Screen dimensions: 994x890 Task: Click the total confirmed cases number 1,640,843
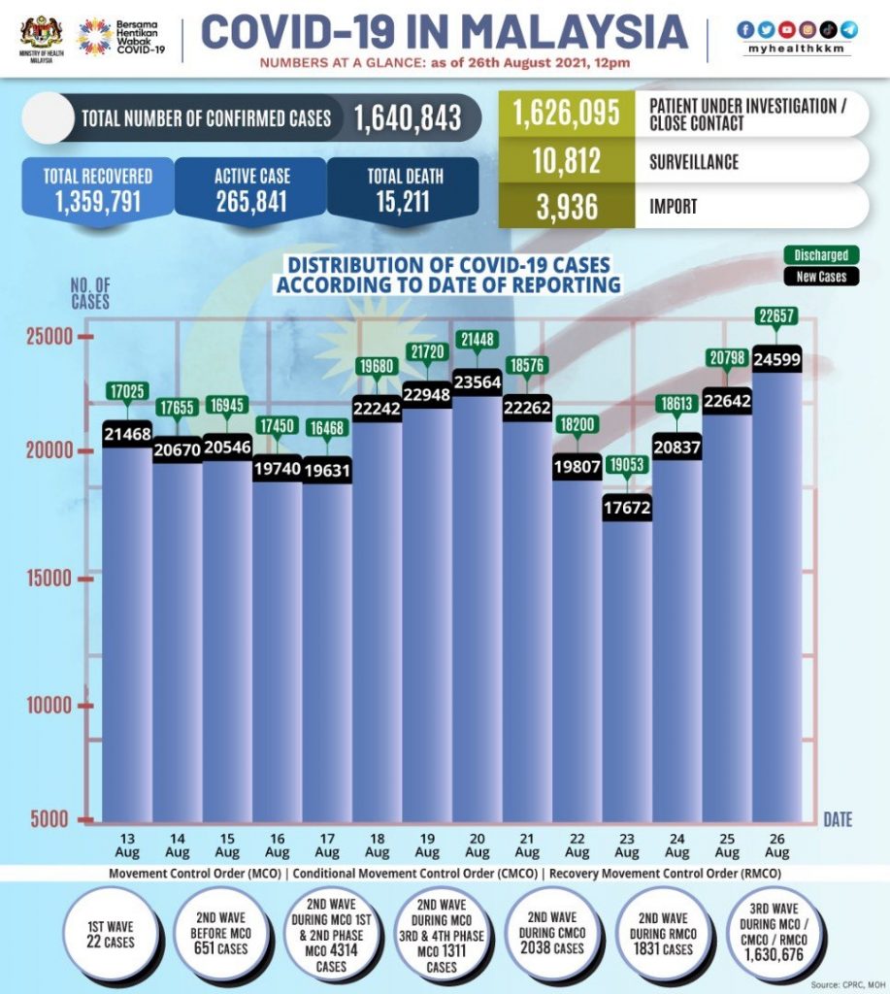[x=407, y=118]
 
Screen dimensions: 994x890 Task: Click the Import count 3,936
[x=567, y=206]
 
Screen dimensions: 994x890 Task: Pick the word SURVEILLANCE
[x=694, y=161]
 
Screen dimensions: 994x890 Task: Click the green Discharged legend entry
[x=821, y=255]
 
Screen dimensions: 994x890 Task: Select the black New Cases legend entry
[x=821, y=277]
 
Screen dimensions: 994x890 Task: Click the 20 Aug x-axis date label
[x=477, y=845]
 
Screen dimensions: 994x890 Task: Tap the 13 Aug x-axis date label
[x=127, y=845]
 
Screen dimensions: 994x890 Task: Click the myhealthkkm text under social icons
[x=797, y=49]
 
